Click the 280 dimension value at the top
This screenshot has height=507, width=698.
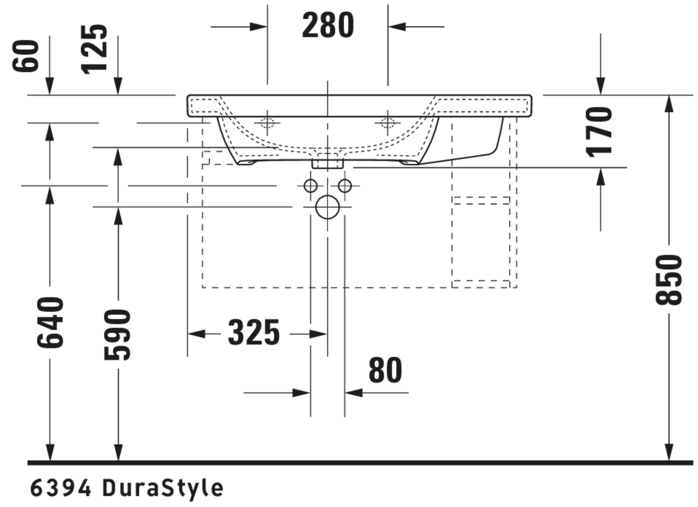point(328,25)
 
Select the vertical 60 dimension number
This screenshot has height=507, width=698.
point(26,56)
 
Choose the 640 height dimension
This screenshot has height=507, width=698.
point(50,323)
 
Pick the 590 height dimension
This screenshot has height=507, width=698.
point(117,335)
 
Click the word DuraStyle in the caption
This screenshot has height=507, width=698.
point(163,488)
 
